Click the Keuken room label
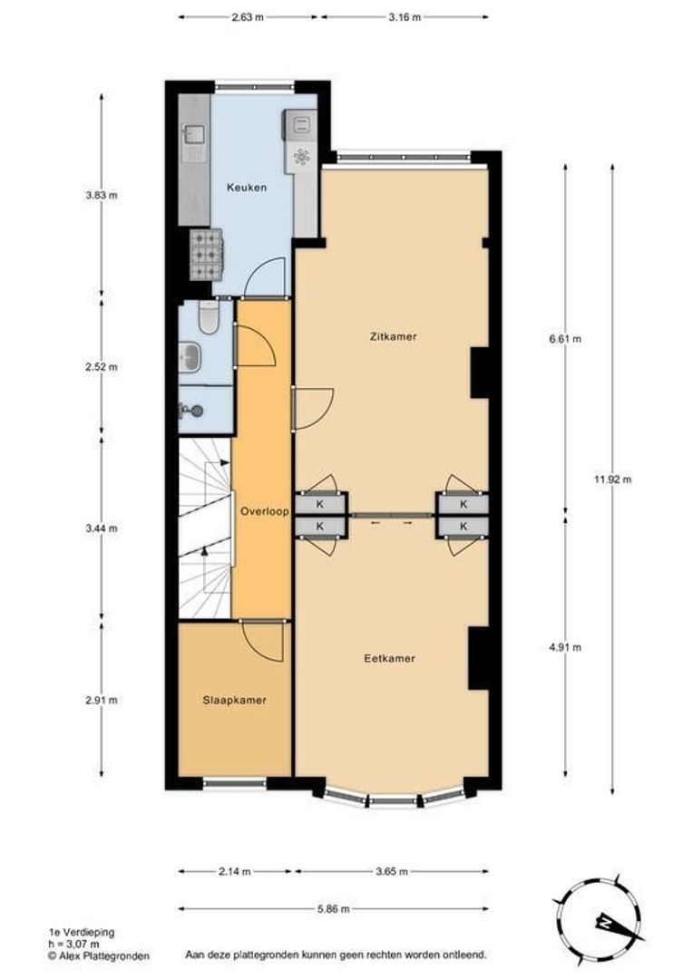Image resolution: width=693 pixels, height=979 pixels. click(x=246, y=188)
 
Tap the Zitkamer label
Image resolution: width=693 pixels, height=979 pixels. click(x=394, y=336)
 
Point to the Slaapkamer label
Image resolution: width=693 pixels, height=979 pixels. click(x=234, y=700)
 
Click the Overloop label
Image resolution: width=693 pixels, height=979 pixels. click(x=264, y=511)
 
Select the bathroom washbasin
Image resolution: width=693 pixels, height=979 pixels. click(x=190, y=356)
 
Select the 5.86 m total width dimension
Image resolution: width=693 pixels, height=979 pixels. click(x=334, y=908)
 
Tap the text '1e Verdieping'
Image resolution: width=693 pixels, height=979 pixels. click(x=82, y=932)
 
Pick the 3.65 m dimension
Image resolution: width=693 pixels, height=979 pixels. click(x=391, y=871)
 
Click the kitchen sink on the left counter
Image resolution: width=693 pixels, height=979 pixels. click(x=193, y=137)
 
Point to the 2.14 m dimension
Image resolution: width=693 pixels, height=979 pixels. click(x=235, y=871)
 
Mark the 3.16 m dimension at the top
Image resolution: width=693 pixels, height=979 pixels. click(x=405, y=16)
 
